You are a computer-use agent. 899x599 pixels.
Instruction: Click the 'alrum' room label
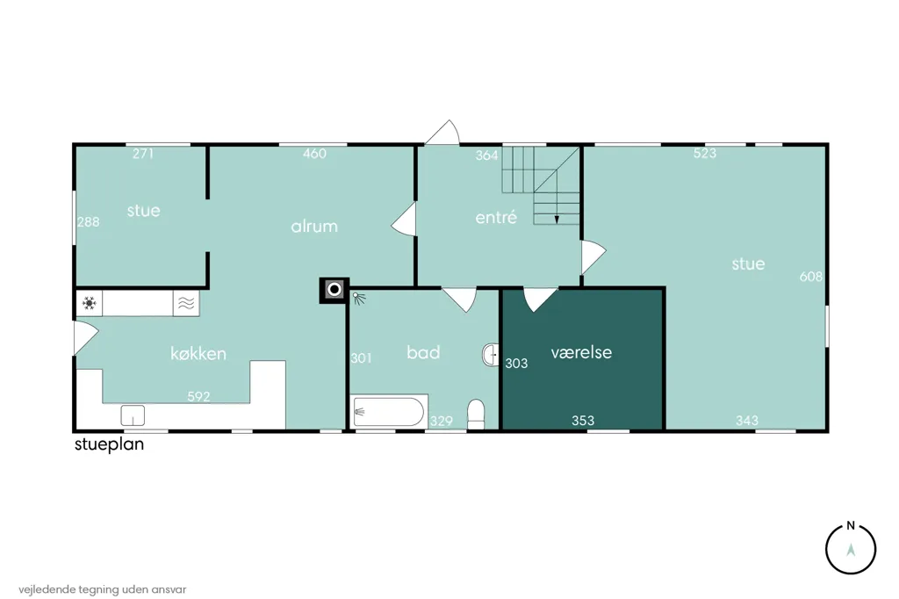(314, 226)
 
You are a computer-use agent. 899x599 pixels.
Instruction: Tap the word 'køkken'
(198, 353)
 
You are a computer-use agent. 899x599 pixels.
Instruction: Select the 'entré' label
(497, 217)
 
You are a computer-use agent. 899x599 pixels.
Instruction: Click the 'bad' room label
(423, 351)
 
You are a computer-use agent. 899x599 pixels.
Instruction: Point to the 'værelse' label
(581, 351)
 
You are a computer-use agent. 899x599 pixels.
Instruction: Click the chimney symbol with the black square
(334, 290)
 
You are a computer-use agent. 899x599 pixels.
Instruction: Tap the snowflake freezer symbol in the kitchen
(89, 303)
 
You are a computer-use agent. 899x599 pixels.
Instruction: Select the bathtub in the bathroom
(388, 411)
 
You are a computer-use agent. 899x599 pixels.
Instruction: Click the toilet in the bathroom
(476, 415)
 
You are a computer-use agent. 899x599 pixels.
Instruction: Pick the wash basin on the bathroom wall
(491, 355)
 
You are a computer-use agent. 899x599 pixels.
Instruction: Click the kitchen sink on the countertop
(133, 415)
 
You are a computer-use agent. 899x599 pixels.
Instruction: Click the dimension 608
(810, 277)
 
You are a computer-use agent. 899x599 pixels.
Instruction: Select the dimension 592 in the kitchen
(198, 396)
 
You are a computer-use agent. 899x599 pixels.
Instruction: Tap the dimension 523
(705, 153)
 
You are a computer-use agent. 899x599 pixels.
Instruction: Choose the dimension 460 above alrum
(315, 153)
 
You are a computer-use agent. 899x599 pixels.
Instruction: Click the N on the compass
(851, 525)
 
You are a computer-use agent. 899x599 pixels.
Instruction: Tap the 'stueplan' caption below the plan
(109, 444)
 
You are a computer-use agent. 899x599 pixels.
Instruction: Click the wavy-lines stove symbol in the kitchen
(186, 303)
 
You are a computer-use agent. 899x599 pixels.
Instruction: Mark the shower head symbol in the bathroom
(359, 298)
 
